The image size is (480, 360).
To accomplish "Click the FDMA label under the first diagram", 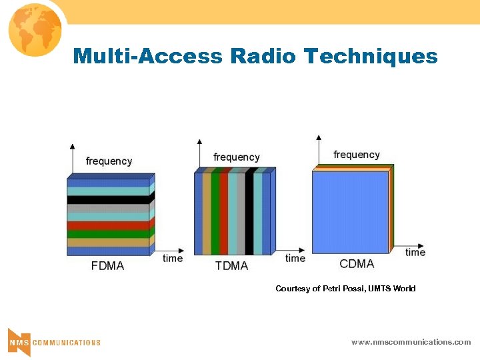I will coord(107,266).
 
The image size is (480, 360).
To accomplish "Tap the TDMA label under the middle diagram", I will coord(231,266).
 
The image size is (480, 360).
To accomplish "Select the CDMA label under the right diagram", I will coord(357,264).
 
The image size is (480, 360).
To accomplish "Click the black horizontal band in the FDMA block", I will coord(108,199).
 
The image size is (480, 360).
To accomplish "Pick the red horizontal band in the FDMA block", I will coord(108,225).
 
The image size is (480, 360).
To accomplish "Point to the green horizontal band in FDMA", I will coord(108,234).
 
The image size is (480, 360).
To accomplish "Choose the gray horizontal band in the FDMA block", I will coord(108,208).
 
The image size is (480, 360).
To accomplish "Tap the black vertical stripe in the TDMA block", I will coord(249,214).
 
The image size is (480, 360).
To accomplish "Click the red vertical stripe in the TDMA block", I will coord(224,214).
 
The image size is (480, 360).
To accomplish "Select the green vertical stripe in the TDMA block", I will coord(215,214).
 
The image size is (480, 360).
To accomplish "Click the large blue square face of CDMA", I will coord(350,212).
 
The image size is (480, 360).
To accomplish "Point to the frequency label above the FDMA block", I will coord(109,161).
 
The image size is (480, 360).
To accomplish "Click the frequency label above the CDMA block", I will coord(356,155).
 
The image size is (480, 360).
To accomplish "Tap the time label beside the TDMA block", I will coord(295,258).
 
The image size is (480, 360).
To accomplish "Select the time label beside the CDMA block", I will coord(415,252).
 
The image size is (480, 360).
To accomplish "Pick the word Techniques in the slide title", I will coord(371,56).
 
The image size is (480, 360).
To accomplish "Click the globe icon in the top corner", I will coord(34,28).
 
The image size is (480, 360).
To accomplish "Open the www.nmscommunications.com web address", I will coord(411,342).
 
